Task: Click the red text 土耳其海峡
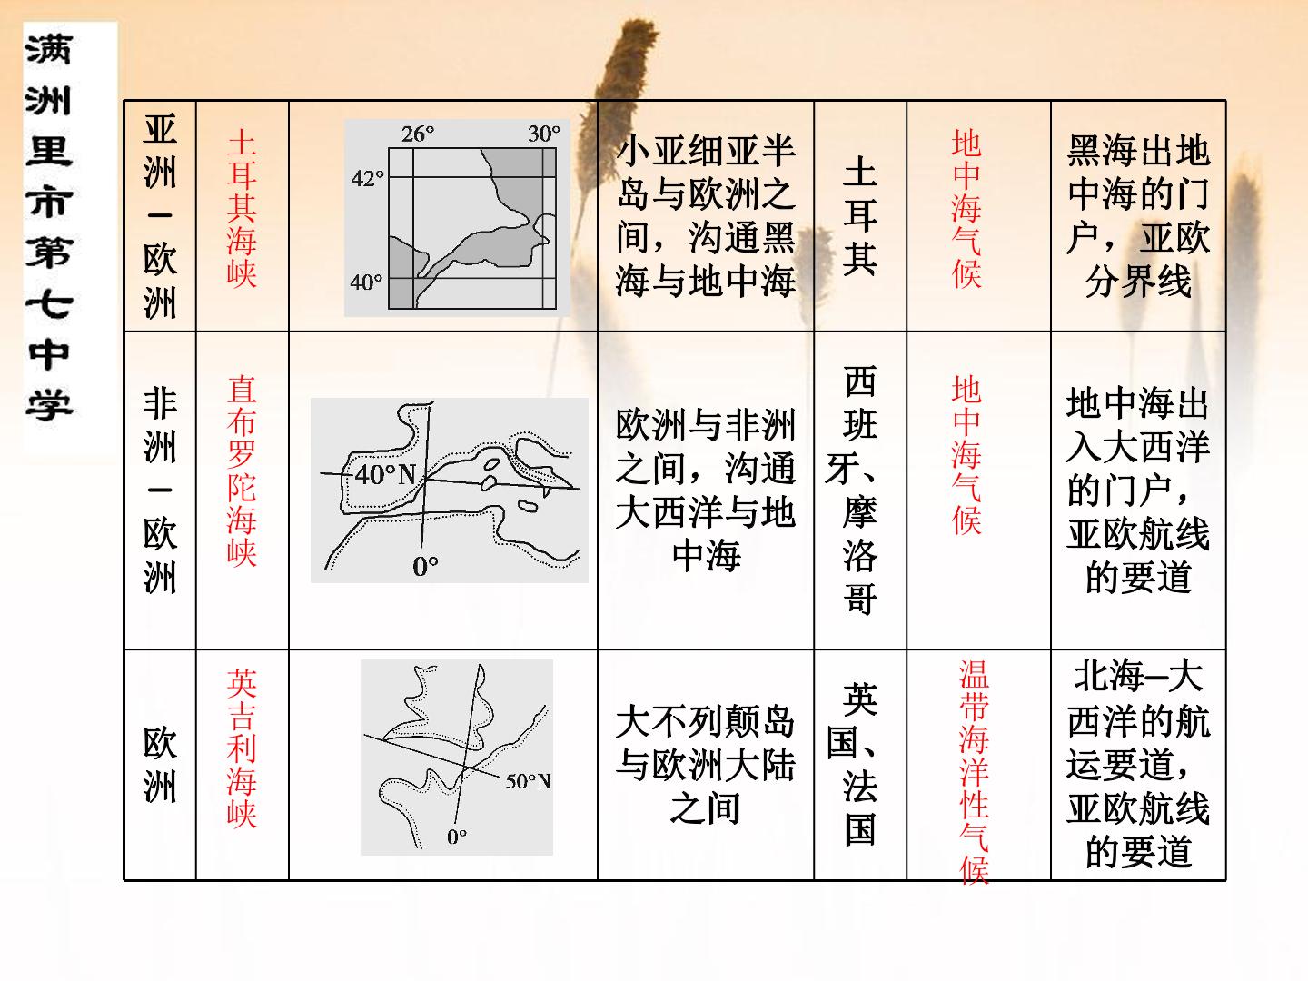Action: tap(242, 209)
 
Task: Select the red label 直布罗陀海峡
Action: tap(242, 470)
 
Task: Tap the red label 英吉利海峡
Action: tap(242, 748)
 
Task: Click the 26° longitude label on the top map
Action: tap(417, 134)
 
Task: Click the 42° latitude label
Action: tap(367, 178)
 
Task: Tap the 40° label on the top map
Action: tap(366, 282)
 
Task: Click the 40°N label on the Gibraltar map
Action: tap(385, 475)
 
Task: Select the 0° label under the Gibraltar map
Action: tap(425, 566)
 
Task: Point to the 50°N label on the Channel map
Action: tap(528, 781)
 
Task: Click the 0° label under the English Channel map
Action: tap(457, 837)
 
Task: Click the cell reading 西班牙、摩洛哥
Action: tap(859, 490)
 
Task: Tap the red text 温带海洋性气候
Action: tap(974, 771)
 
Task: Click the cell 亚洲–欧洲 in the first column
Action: tap(160, 215)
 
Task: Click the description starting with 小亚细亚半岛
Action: tap(706, 215)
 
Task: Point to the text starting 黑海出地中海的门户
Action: tap(1138, 215)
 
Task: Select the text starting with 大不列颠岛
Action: tap(706, 764)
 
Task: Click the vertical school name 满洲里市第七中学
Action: tap(49, 226)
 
